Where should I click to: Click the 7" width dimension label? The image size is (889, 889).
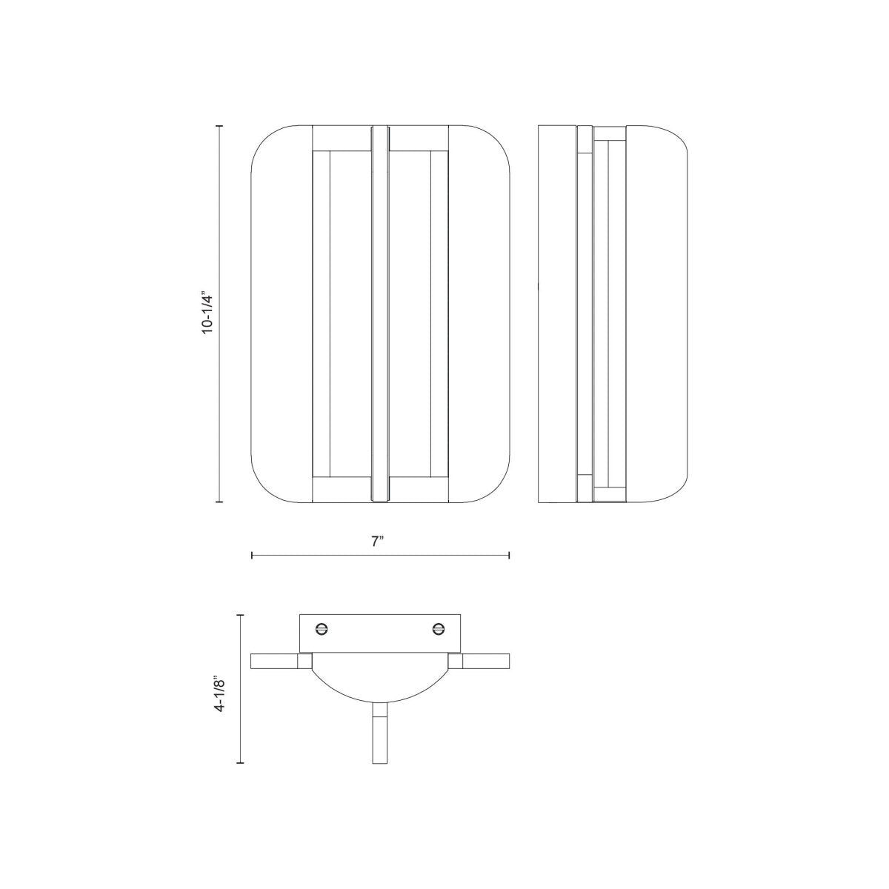click(379, 542)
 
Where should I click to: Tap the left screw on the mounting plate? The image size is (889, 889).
click(322, 629)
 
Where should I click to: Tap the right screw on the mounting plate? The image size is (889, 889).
click(438, 629)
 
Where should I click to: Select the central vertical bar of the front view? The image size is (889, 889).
click(379, 314)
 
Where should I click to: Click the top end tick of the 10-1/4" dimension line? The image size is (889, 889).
click(219, 127)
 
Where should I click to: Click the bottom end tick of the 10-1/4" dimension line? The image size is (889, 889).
click(219, 502)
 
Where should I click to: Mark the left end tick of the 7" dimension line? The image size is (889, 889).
click(252, 555)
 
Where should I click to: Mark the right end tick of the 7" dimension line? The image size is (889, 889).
click(509, 555)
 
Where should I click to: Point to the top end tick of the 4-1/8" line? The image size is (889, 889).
click(240, 614)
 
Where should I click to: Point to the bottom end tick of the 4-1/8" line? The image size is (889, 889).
click(240, 763)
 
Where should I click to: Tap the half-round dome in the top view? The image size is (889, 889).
click(379, 678)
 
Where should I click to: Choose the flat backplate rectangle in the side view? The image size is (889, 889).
click(556, 314)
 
